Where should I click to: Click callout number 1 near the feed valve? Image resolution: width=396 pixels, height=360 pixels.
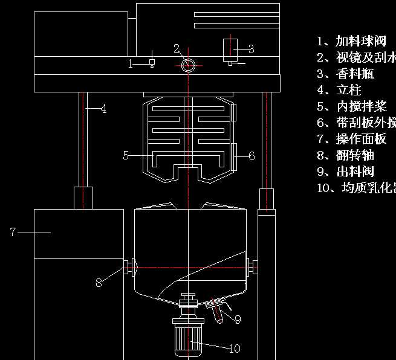tap(130, 63)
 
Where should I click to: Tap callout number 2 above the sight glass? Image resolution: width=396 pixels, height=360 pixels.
tap(177, 48)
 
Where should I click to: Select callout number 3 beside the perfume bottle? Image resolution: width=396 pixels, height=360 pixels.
tap(251, 49)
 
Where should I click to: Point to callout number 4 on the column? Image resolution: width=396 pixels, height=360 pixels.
tap(103, 109)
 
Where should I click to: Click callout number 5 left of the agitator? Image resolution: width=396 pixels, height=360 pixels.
tap(126, 155)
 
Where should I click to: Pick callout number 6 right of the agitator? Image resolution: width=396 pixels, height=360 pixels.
tap(252, 156)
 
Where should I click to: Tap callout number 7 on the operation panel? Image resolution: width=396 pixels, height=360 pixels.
tap(12, 231)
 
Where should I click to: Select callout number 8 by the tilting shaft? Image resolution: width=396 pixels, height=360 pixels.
tap(99, 282)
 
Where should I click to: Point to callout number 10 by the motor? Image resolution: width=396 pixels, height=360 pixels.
tap(234, 349)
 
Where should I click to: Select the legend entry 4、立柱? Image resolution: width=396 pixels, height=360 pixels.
tap(339, 90)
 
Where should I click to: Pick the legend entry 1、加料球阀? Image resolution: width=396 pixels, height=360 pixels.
tap(352, 41)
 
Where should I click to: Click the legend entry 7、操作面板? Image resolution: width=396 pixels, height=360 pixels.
tap(352, 139)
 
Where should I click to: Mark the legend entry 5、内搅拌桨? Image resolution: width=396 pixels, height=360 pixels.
tap(352, 106)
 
